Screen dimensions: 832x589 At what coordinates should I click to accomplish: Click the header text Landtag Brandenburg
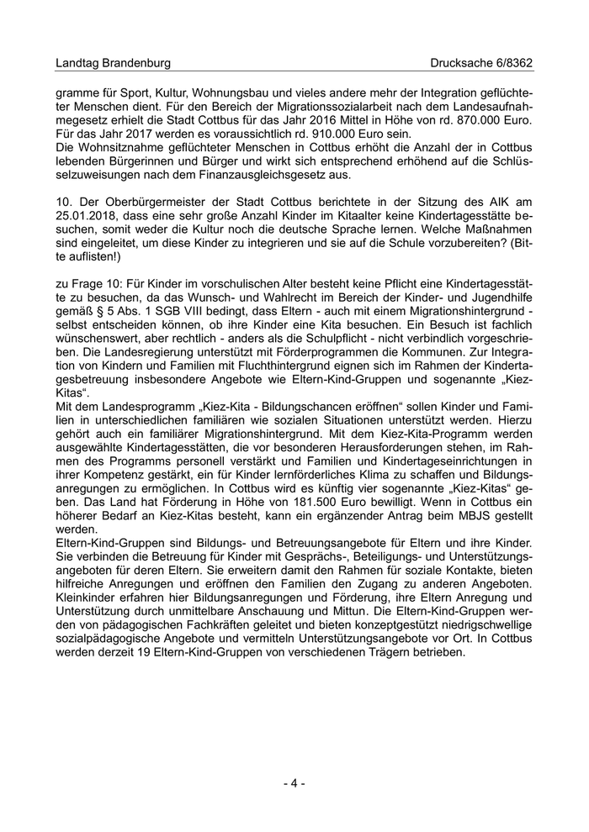(113, 63)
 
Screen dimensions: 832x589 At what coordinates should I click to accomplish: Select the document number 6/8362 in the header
(512, 63)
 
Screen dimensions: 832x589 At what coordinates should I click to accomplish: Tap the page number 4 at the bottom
(294, 783)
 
